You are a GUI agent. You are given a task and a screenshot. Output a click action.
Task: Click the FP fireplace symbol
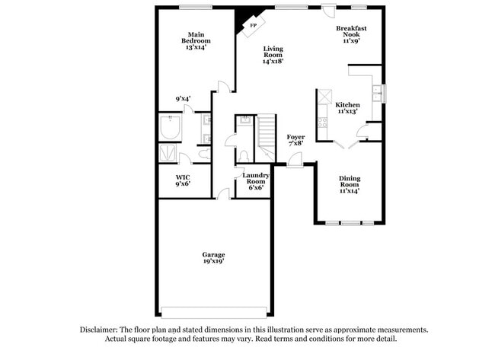click(x=254, y=26)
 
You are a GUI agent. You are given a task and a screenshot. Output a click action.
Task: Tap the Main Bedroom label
click(x=196, y=37)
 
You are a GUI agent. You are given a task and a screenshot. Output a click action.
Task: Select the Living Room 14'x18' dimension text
click(x=273, y=61)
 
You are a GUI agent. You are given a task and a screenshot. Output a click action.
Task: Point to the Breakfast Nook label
click(x=351, y=31)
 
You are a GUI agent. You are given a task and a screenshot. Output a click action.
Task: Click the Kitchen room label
click(x=347, y=105)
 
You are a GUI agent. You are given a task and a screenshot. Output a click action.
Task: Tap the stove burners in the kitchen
click(x=323, y=123)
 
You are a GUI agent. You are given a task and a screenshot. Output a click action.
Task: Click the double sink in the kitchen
click(x=377, y=94)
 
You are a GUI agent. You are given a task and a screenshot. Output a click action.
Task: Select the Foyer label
click(x=295, y=137)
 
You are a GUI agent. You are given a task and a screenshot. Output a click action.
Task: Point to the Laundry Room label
click(x=256, y=178)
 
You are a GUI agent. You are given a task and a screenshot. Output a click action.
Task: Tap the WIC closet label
click(x=183, y=177)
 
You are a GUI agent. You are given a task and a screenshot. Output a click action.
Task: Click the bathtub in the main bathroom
click(x=170, y=127)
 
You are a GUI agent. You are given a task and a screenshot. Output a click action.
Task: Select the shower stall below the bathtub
click(x=168, y=153)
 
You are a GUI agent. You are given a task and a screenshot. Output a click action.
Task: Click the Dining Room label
click(x=350, y=181)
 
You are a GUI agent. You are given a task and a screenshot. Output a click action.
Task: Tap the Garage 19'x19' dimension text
click(x=214, y=261)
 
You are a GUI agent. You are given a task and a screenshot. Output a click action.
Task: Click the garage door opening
click(x=214, y=312)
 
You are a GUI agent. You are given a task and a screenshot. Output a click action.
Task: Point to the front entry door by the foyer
click(x=295, y=161)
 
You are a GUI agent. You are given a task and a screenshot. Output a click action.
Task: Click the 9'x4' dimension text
click(x=183, y=99)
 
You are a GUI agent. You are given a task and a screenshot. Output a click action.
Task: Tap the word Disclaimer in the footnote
click(x=99, y=330)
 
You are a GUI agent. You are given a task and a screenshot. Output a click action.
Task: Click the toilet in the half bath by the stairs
click(x=244, y=157)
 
